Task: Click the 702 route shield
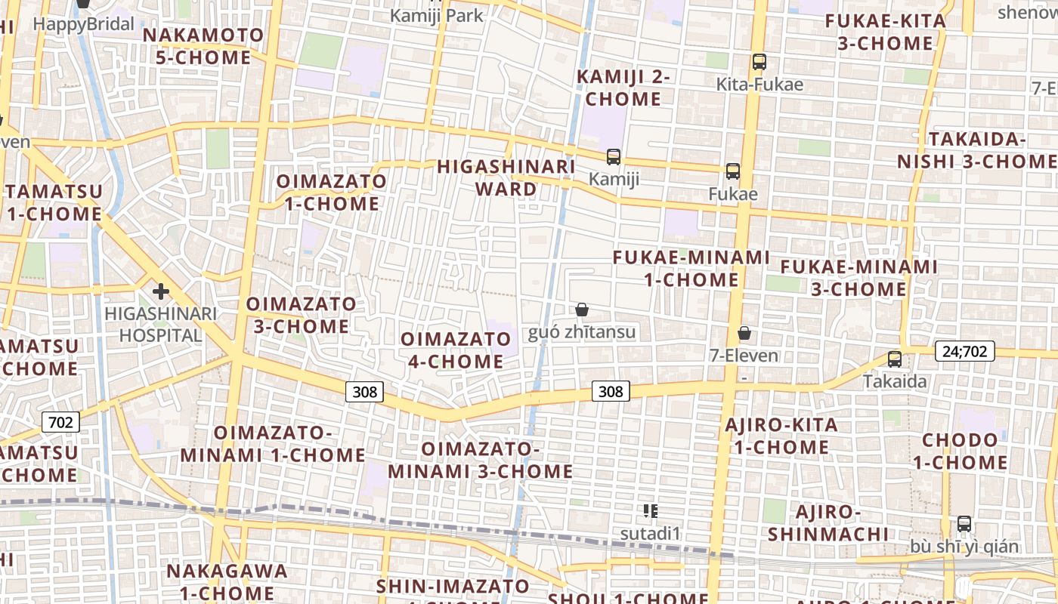pyautogui.click(x=60, y=421)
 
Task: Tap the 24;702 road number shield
pyautogui.click(x=964, y=350)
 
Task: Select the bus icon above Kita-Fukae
pyautogui.click(x=759, y=62)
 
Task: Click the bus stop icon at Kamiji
pyautogui.click(x=613, y=157)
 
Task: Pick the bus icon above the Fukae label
pyautogui.click(x=732, y=171)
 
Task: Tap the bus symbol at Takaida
pyautogui.click(x=895, y=359)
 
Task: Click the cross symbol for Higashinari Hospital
pyautogui.click(x=160, y=291)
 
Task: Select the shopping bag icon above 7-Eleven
pyautogui.click(x=744, y=333)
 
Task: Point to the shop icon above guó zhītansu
pyautogui.click(x=582, y=310)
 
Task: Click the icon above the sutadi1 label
pyautogui.click(x=650, y=511)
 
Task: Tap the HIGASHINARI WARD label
pyautogui.click(x=506, y=177)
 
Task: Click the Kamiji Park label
pyautogui.click(x=436, y=15)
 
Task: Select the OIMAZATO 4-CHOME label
pyautogui.click(x=456, y=350)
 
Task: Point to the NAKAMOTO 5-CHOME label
pyautogui.click(x=203, y=46)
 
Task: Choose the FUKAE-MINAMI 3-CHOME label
pyautogui.click(x=858, y=278)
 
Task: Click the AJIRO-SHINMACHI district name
pyautogui.click(x=828, y=523)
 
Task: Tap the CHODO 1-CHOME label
pyautogui.click(x=960, y=451)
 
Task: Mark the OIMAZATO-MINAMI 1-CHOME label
pyautogui.click(x=273, y=444)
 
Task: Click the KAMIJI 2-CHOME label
pyautogui.click(x=623, y=88)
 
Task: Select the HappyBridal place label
pyautogui.click(x=84, y=24)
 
